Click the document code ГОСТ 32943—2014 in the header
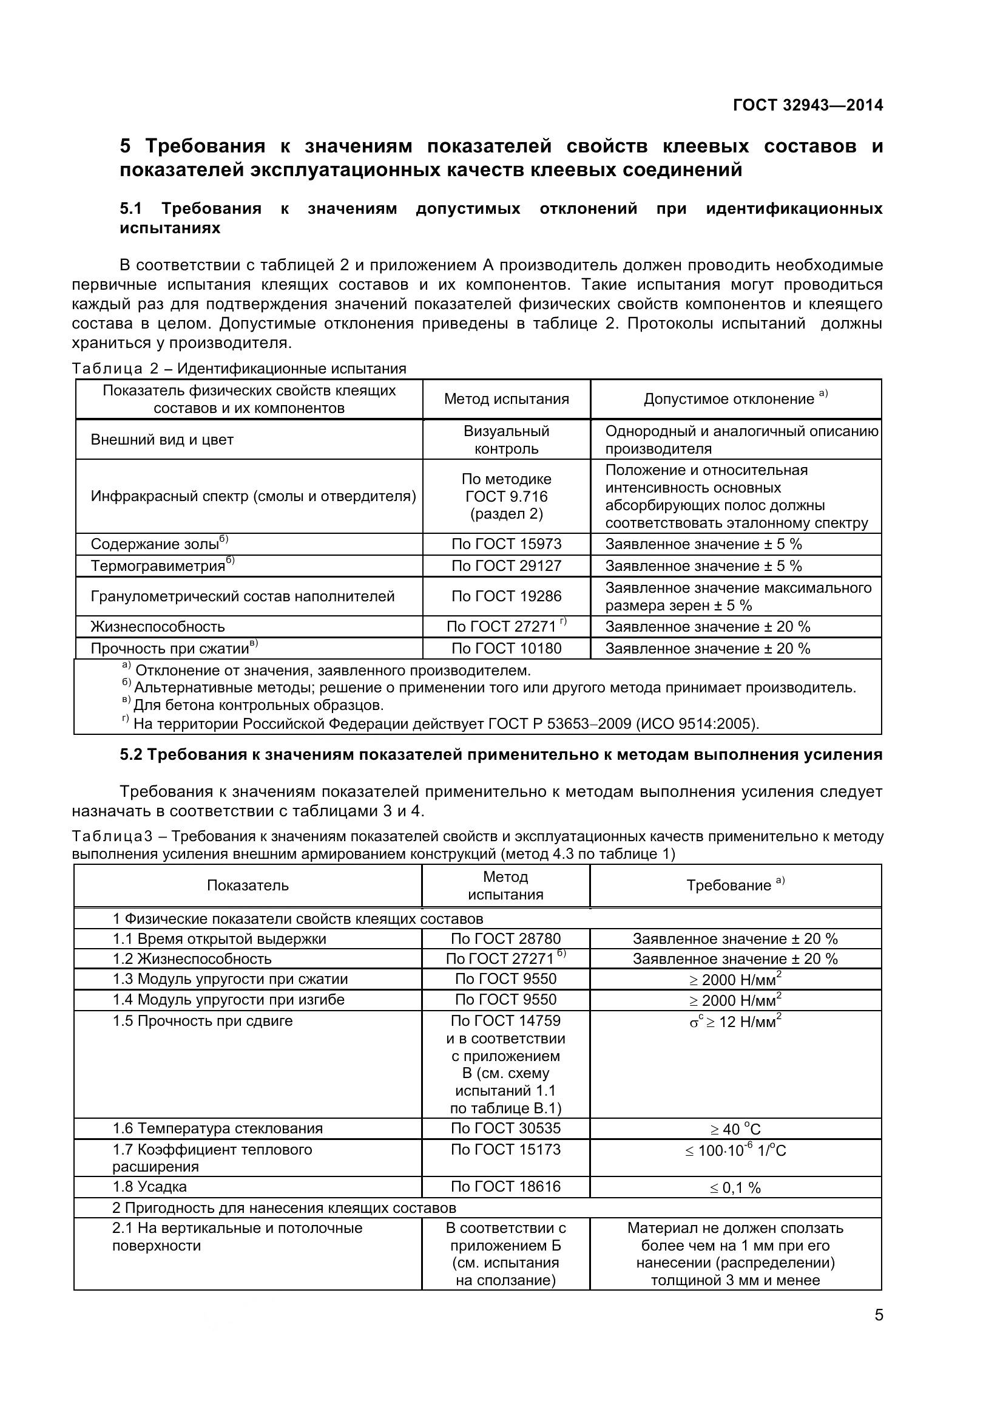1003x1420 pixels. pyautogui.click(x=807, y=105)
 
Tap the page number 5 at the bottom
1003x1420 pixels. pyautogui.click(x=879, y=1315)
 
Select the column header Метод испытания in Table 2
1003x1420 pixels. pyautogui.click(x=506, y=399)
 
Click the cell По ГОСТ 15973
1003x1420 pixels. pyautogui.click(x=506, y=544)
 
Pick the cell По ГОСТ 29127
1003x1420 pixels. pyautogui.click(x=506, y=566)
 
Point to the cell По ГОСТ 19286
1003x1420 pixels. pyautogui.click(x=506, y=596)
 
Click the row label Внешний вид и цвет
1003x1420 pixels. pyautogui.click(x=162, y=440)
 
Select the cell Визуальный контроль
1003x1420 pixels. pyautogui.click(x=506, y=440)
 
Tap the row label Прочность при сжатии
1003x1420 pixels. pyautogui.click(x=170, y=649)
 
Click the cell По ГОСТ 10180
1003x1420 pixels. pyautogui.click(x=506, y=649)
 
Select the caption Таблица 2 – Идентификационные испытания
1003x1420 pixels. pyautogui.click(x=239, y=369)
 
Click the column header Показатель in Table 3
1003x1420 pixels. pyautogui.click(x=248, y=885)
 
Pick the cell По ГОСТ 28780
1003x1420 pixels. pyautogui.click(x=505, y=939)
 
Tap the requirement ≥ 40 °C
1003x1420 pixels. pyautogui.click(x=735, y=1129)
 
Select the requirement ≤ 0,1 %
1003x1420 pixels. pyautogui.click(x=735, y=1187)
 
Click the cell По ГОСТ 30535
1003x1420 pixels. pyautogui.click(x=505, y=1128)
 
